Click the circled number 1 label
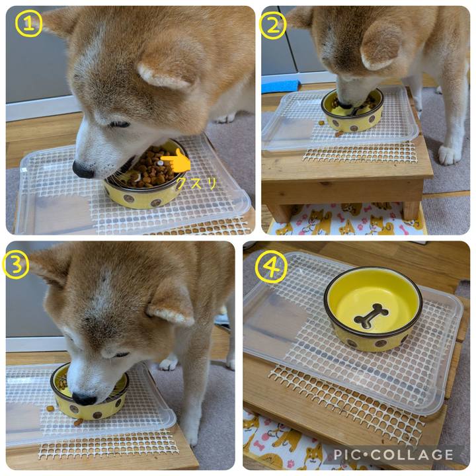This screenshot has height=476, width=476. pyautogui.click(x=29, y=24)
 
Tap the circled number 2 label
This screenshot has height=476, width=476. pyautogui.click(x=272, y=26)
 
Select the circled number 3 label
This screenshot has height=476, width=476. pyautogui.click(x=16, y=265)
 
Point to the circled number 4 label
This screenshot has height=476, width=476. pyautogui.click(x=271, y=266)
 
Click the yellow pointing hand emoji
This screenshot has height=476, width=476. pyautogui.click(x=177, y=161)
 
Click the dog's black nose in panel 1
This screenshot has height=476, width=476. pyautogui.click(x=83, y=170)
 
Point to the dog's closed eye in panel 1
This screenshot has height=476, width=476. pyautogui.click(x=120, y=124)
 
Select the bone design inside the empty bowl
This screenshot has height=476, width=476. pyautogui.click(x=372, y=317)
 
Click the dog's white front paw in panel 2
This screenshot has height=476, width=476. pyautogui.click(x=450, y=155)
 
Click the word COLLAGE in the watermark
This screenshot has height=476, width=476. pyautogui.click(x=412, y=455)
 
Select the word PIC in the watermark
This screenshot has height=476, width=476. pyautogui.click(x=347, y=455)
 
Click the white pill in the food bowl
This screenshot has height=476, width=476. pyautogui.click(x=160, y=163)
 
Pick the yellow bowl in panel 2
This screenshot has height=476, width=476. pyautogui.click(x=352, y=112)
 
